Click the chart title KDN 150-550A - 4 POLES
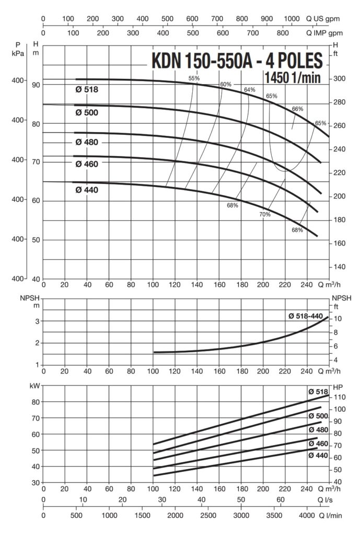point(237,61)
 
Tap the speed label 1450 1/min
point(293,78)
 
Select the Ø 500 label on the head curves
point(86,112)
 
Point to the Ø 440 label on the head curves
point(86,190)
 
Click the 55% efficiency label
point(194,78)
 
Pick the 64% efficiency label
point(249,90)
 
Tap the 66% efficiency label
point(297,109)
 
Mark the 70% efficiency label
point(265,215)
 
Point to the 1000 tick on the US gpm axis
point(292,19)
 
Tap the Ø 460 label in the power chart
point(318,444)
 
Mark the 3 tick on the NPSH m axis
point(37,321)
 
